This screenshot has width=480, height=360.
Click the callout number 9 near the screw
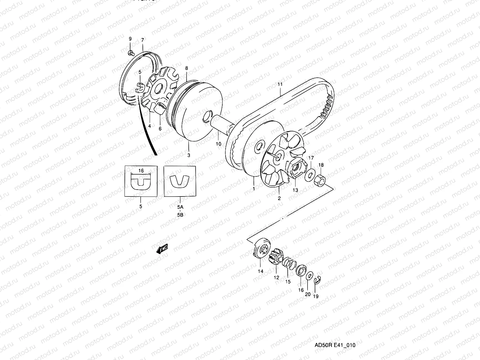click(130, 39)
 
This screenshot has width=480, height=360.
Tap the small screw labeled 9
click(130, 53)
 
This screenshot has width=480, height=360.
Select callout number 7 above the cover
click(142, 40)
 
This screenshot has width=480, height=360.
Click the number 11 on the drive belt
click(280, 85)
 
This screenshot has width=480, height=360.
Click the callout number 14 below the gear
click(260, 271)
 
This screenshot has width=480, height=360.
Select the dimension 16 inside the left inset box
click(141, 171)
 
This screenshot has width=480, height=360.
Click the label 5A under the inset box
click(180, 207)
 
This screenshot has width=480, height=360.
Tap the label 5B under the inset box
click(180, 215)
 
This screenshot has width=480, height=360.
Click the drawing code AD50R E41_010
click(334, 345)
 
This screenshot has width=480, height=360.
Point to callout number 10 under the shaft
click(218, 144)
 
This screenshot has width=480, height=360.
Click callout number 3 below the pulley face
click(189, 155)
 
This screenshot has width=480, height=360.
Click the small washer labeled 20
click(309, 275)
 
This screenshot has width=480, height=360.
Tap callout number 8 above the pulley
click(186, 68)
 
